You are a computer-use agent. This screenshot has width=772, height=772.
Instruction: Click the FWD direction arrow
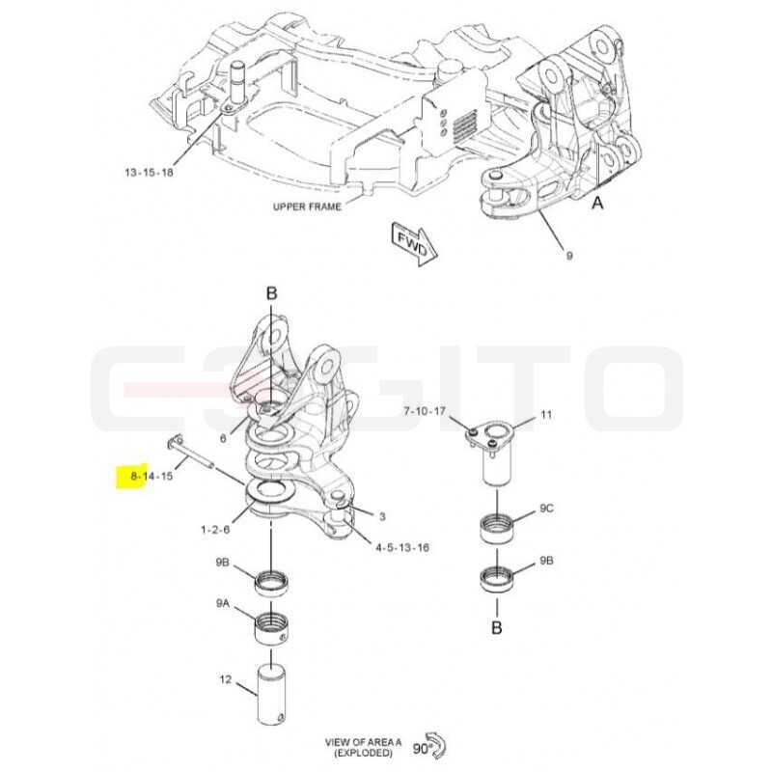414,244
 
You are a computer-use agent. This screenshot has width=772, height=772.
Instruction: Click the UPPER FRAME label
307,207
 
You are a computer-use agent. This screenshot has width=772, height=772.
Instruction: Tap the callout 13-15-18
150,173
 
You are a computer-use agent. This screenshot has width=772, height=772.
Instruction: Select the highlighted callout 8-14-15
152,476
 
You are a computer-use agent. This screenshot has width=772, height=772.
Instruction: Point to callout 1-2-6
215,530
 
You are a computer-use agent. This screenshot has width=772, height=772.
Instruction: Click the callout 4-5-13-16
402,547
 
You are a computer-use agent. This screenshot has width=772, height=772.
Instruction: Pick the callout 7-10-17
425,411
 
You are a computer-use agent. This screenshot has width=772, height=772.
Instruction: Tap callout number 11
546,415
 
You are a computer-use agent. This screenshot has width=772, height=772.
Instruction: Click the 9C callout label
546,509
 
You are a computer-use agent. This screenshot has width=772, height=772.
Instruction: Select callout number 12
226,680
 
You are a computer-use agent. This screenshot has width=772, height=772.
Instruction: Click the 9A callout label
223,602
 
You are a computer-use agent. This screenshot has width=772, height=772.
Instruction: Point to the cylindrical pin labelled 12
272,694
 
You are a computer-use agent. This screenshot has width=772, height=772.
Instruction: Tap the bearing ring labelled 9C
497,528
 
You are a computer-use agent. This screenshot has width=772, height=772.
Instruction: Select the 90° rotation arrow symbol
437,746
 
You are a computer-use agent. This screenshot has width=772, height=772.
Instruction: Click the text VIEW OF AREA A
363,741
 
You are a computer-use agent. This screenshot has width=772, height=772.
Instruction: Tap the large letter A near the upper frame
597,203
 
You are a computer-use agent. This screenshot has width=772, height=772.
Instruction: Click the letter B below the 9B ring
497,628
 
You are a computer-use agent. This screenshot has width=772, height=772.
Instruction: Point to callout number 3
382,516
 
